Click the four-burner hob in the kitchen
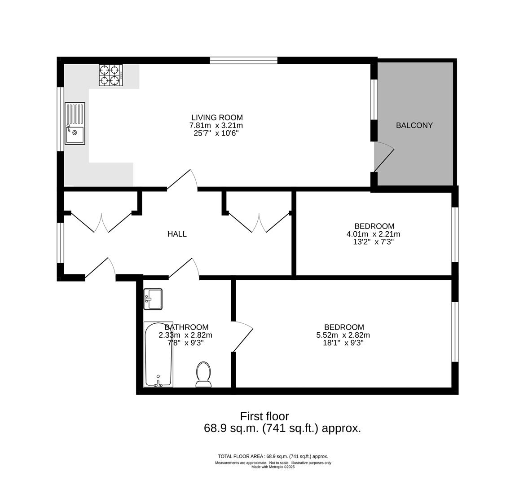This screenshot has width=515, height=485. (111, 75)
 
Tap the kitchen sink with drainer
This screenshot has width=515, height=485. (75, 123)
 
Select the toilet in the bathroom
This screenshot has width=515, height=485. (203, 374)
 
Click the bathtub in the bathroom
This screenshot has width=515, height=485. (158, 354)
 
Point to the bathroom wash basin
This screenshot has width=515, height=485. (153, 299)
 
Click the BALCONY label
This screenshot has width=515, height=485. (414, 125)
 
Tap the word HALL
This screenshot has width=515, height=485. (177, 234)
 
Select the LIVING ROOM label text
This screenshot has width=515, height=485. (217, 118)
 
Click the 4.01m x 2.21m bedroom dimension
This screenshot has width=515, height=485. (373, 234)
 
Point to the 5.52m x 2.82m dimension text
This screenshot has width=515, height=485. (343, 335)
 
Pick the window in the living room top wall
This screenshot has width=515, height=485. (243, 60)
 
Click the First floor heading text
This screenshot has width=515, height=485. (264, 416)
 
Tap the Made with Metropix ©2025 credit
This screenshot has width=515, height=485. (273, 467)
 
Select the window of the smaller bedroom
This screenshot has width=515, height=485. (455, 234)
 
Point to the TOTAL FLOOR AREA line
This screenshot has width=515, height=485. (273, 456)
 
